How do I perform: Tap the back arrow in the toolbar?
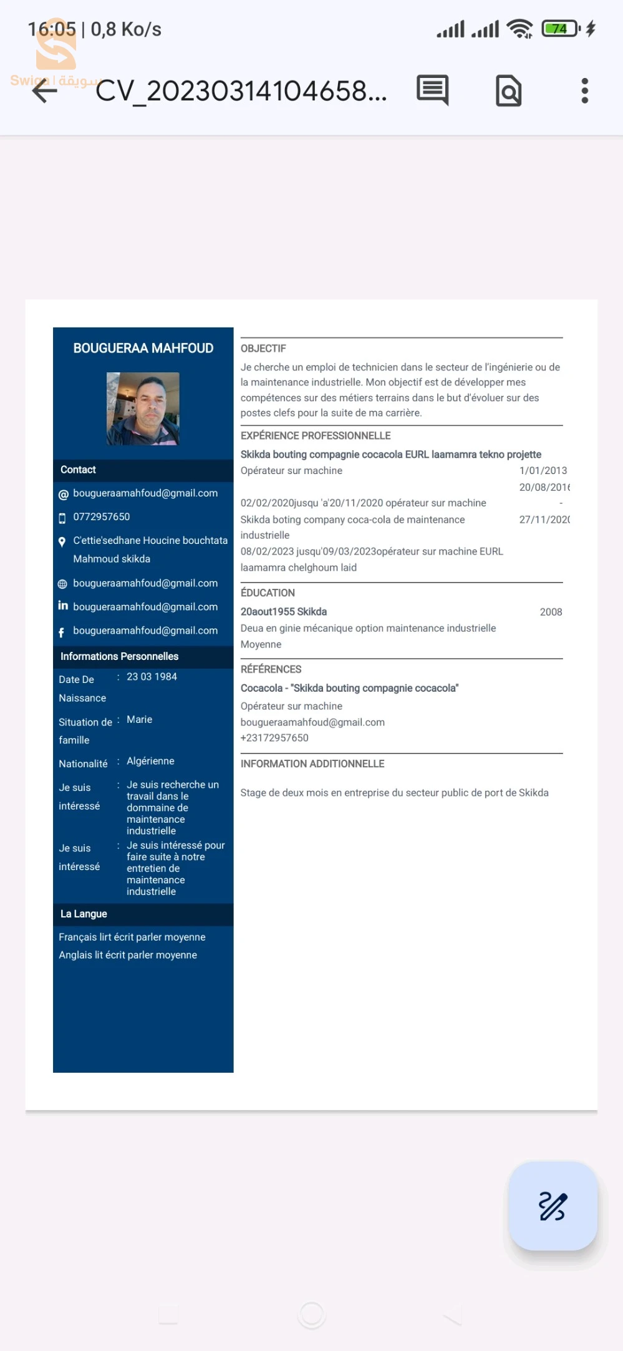tap(45, 92)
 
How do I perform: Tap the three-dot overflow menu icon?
tap(584, 91)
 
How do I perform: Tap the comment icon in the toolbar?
tap(432, 90)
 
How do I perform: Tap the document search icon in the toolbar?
tap(508, 91)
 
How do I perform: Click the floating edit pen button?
tap(553, 1206)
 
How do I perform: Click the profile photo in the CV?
tap(143, 409)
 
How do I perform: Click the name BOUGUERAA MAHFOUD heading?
tap(143, 348)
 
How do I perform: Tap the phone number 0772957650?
tap(102, 516)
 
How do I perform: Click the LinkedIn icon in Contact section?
tap(63, 606)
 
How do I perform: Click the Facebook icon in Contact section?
tap(62, 632)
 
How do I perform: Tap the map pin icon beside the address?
tap(62, 541)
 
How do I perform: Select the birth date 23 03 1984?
tap(152, 677)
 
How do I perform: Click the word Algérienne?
tap(150, 761)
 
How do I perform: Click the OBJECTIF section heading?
tap(263, 349)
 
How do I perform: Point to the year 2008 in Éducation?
tap(551, 612)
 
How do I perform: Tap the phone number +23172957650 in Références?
tap(274, 738)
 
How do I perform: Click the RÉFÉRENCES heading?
tap(271, 669)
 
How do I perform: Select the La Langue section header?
tap(84, 914)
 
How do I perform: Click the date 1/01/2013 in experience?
tap(543, 470)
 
